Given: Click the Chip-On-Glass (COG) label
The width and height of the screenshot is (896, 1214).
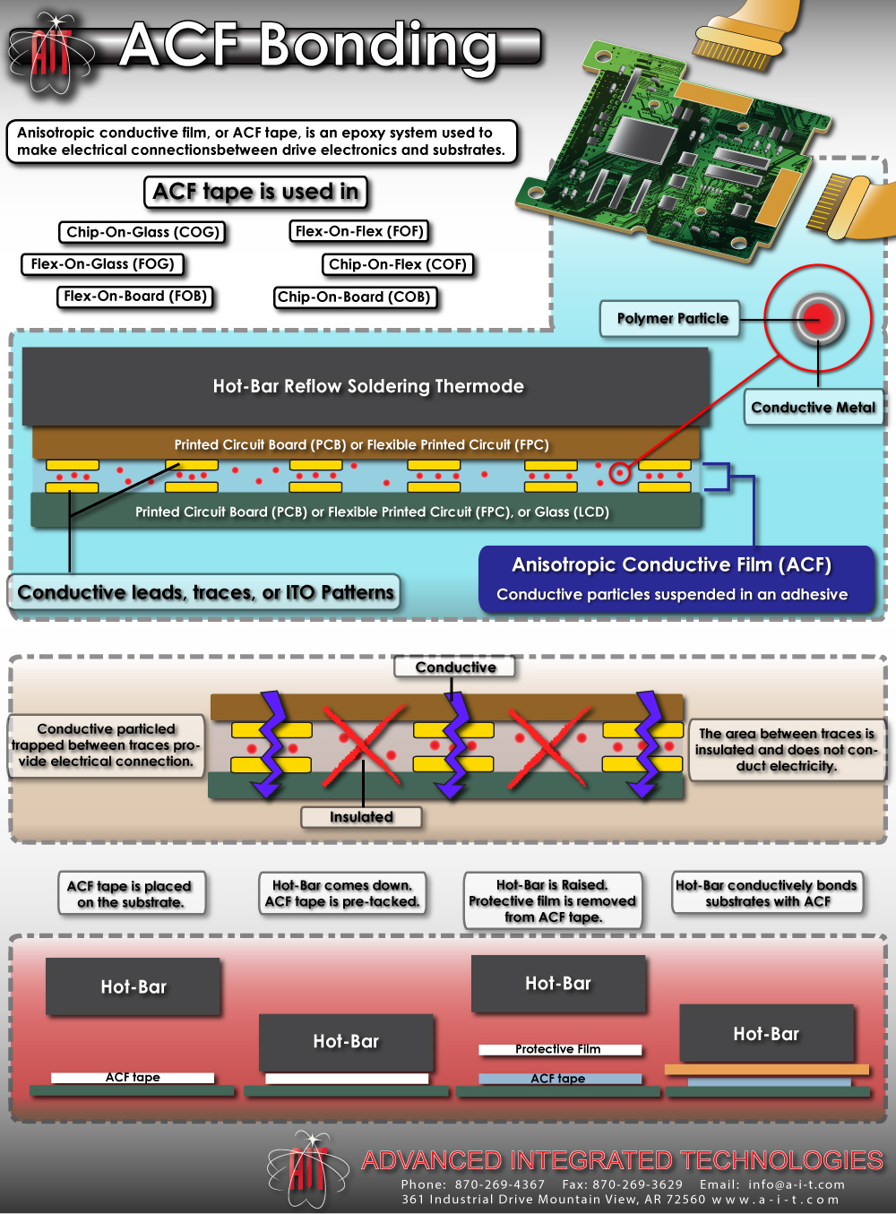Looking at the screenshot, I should tap(142, 232).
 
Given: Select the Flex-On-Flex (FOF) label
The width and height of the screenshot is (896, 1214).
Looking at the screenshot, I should tap(359, 231).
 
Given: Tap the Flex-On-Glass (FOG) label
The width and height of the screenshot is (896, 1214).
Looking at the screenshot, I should tap(102, 264).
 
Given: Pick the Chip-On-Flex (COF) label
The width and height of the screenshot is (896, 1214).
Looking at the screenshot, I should tap(397, 264).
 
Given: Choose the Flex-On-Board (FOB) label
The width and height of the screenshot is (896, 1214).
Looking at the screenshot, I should tap(135, 297).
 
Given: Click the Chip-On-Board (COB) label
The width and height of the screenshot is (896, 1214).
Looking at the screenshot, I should tap(354, 297).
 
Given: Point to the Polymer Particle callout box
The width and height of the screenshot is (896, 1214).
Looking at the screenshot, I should tap(672, 318).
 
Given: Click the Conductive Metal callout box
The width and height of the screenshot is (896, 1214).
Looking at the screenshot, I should tap(813, 407).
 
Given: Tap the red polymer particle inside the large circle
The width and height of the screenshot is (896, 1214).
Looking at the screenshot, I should tap(818, 318).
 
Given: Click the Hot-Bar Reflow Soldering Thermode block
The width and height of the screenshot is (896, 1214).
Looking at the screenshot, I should tap(367, 386).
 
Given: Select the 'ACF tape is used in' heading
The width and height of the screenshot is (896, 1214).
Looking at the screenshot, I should tap(255, 192).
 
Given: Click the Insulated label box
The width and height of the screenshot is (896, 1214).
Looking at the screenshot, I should tap(361, 817).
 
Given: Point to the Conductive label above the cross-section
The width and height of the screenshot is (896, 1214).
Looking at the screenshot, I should tap(455, 667).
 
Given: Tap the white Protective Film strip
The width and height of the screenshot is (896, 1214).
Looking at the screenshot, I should tap(559, 1049).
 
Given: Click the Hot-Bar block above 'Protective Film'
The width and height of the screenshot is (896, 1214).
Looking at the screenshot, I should tap(558, 984).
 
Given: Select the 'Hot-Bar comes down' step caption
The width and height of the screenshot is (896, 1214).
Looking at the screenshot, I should tap(342, 893).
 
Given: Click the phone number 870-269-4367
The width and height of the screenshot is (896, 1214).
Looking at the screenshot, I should tap(499, 1184).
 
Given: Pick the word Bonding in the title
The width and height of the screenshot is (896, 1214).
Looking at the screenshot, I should tap(378, 45).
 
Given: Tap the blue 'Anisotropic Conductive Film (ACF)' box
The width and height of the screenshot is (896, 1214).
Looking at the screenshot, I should tap(676, 579).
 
